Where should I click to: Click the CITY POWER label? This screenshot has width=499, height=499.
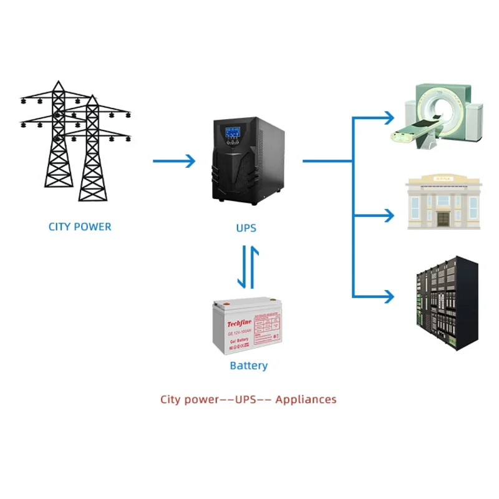tap(80, 227)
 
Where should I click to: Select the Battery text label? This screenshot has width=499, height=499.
tap(248, 366)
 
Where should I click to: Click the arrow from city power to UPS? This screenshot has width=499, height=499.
tap(174, 161)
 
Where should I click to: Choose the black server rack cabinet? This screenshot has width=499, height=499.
tap(445, 303)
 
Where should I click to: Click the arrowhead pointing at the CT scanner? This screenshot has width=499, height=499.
tap(389, 117)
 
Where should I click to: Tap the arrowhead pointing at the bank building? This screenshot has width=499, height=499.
tap(389, 215)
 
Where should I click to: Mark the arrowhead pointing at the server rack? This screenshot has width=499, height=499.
tap(389, 295)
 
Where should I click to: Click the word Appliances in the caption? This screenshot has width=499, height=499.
tap(306, 399)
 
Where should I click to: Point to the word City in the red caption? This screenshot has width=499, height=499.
tap(173, 399)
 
